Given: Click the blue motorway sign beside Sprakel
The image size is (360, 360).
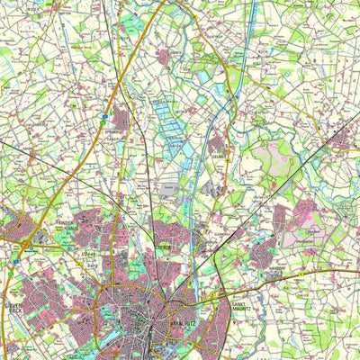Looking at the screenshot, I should pyautogui.click(x=129, y=115).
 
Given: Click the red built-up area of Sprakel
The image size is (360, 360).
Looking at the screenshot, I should pyautogui.click(x=120, y=118).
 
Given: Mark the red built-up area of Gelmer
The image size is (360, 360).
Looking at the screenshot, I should pyautogui.click(x=218, y=143).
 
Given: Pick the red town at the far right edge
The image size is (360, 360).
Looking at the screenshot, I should pyautogui.click(x=339, y=139).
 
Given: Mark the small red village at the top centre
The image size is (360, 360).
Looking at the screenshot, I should pyautogui.click(x=164, y=57).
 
